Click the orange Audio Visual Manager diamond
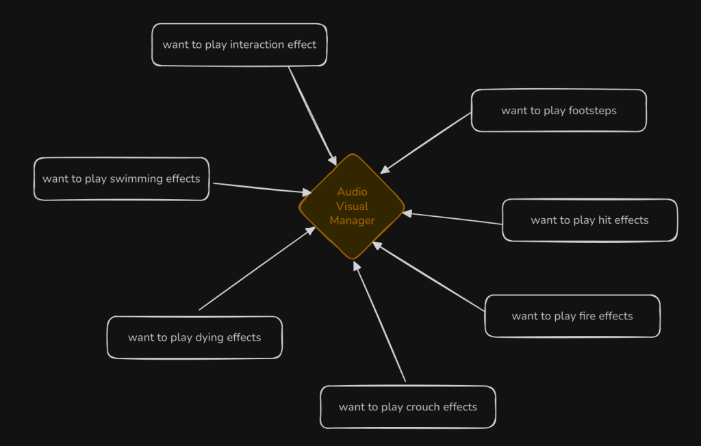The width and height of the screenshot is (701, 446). pyautogui.click(x=352, y=206)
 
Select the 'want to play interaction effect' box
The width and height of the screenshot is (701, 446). pyautogui.click(x=239, y=45)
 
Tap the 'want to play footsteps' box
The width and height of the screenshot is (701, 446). pyautogui.click(x=559, y=111)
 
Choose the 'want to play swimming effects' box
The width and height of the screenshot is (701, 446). pyautogui.click(x=121, y=179)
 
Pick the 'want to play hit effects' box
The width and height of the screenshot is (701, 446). pyautogui.click(x=589, y=220)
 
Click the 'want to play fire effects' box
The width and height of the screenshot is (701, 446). pyautogui.click(x=572, y=316)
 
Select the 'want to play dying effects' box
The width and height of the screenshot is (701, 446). pyautogui.click(x=194, y=337)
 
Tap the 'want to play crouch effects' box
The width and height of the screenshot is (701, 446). pyautogui.click(x=407, y=407)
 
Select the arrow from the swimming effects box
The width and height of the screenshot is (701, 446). pyautogui.click(x=260, y=188)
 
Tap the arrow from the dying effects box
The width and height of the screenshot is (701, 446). pyautogui.click(x=257, y=269)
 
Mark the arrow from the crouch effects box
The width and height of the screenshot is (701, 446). pyautogui.click(x=380, y=322)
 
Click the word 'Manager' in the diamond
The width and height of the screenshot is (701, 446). pyautogui.click(x=352, y=220)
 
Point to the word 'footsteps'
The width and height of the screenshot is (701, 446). pyautogui.click(x=592, y=111)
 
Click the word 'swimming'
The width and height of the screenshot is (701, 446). pyautogui.click(x=137, y=179)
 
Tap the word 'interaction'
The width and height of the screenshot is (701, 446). pyautogui.click(x=257, y=45)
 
